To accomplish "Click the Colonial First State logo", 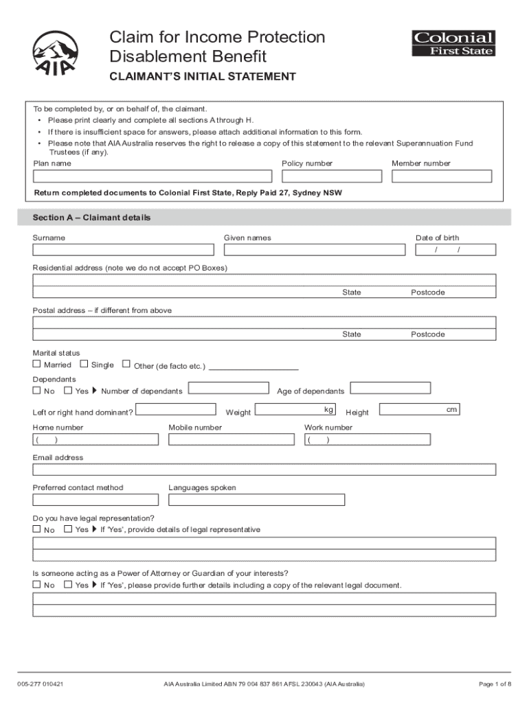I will [453, 43].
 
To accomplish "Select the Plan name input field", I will [153, 176].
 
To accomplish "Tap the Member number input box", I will [441, 176].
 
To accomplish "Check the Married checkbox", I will [37, 365].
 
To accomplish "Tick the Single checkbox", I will [84, 365].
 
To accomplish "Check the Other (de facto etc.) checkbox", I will [126, 365].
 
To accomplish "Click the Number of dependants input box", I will [228, 389].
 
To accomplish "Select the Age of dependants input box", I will [390, 389].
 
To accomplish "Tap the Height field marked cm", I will [419, 410].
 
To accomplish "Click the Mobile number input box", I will [230, 439].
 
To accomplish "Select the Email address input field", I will [264, 470].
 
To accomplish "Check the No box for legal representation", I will [37, 529].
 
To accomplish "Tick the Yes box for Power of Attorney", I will [68, 585].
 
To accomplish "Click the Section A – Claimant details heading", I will [92, 218].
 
